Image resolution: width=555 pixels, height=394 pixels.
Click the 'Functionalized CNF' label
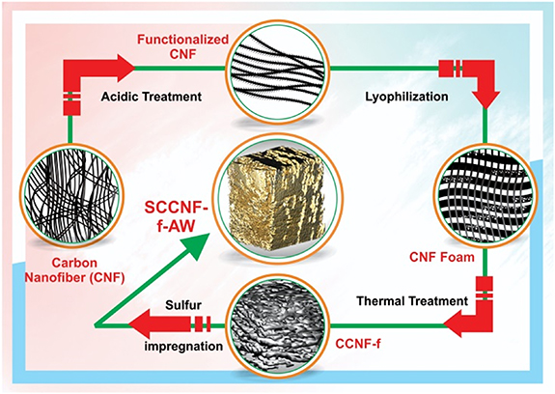[183, 46]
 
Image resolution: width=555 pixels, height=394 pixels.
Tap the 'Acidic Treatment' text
[152, 97]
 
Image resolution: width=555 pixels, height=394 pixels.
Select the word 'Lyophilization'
[406, 97]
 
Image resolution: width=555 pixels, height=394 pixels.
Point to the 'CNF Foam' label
[442, 257]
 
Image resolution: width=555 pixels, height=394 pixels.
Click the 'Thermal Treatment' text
[412, 301]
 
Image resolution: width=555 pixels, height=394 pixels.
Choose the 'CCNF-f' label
[358, 344]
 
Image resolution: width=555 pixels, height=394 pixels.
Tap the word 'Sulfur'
[183, 305]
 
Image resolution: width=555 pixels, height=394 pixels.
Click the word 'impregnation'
[183, 346]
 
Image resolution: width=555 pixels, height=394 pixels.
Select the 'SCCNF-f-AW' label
[176, 216]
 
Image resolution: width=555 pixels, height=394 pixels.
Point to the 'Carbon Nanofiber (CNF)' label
[74, 270]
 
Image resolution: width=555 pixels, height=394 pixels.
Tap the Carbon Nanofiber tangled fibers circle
[71, 195]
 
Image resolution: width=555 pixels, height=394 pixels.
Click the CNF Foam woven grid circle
[486, 196]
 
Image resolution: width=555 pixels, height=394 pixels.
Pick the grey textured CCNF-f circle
[278, 325]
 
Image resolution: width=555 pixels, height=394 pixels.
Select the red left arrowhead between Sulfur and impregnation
[140, 324]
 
